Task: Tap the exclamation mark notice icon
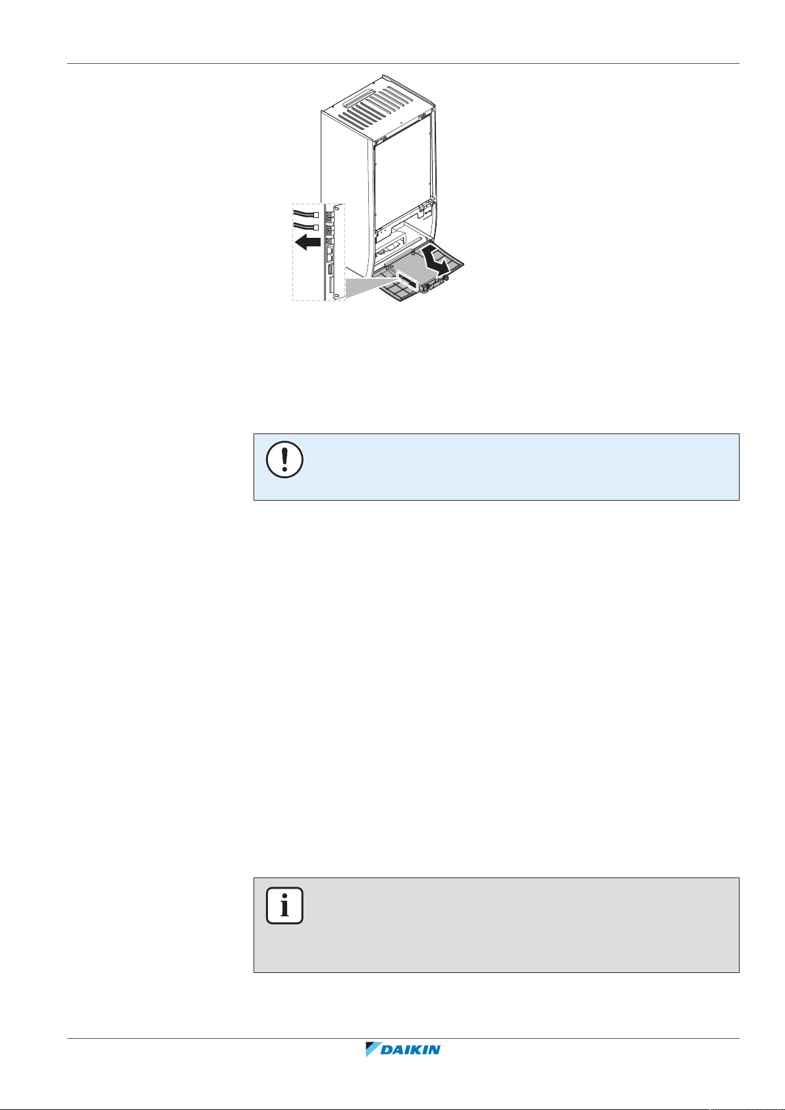[284, 459]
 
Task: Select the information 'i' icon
[284, 906]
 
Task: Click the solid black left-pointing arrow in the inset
[308, 244]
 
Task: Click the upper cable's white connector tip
[316, 215]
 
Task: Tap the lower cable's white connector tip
[316, 228]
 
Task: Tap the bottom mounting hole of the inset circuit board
[337, 295]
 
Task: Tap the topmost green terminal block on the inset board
[329, 215]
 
